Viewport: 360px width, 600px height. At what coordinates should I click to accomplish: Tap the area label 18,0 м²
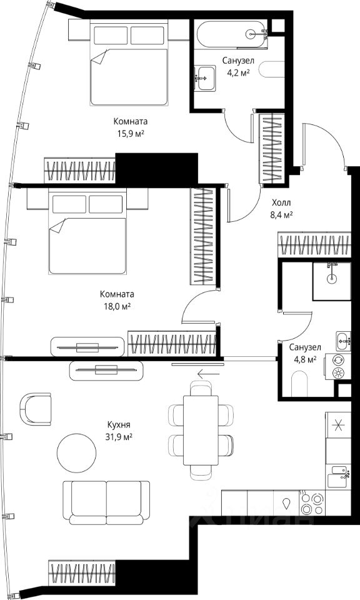pos(117,306)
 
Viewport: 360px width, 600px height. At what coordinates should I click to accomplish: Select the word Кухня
pos(119,425)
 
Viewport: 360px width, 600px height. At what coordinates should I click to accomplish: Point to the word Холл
pos(281,202)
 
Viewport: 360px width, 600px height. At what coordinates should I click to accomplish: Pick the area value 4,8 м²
pos(305,359)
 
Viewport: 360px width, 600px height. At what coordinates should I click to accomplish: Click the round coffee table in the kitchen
pos(76,453)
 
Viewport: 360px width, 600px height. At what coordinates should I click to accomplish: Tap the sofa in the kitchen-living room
pos(106,502)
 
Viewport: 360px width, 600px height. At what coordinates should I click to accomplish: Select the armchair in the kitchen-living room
pos(36,409)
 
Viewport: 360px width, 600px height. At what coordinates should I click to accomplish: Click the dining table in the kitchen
pos(201,431)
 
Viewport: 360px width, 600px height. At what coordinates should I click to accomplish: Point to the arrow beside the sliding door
pos(209,373)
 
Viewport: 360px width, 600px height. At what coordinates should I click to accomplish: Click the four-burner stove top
pos(312,504)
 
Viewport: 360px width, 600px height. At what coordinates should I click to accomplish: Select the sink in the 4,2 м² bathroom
pos(204,78)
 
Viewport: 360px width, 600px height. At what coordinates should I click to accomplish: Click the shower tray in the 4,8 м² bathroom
pos(332,281)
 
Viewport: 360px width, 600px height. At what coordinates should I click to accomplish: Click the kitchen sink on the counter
pos(339,476)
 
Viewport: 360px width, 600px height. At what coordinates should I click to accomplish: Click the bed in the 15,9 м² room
pos(129,63)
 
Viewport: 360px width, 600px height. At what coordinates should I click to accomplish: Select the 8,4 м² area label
pos(282,215)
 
